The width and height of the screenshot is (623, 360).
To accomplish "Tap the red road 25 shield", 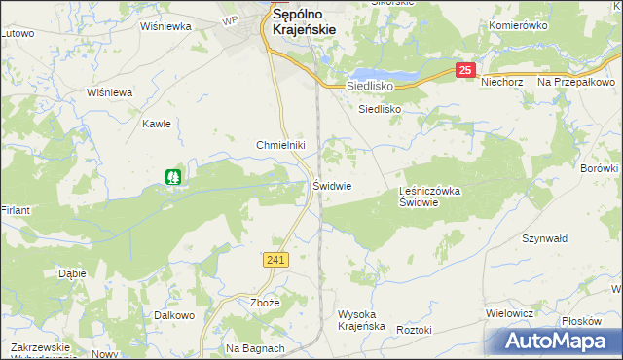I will click(x=466, y=70).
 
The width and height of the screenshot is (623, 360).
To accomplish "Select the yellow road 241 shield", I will click(x=275, y=259).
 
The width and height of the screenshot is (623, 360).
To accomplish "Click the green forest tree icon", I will click(x=173, y=177).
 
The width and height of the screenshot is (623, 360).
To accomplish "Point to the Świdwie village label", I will click(x=332, y=185).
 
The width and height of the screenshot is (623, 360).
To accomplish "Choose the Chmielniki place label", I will click(x=281, y=145).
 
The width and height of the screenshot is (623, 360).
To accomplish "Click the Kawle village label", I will click(x=157, y=124).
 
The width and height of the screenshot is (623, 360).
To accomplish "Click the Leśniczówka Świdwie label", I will click(x=430, y=198).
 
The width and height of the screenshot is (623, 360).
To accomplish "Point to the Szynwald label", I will click(x=545, y=238).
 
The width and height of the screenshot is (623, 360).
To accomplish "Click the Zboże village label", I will click(x=265, y=303).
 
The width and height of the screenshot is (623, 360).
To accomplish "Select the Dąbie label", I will click(x=72, y=273).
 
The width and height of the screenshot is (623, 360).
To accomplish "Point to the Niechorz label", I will click(x=503, y=82).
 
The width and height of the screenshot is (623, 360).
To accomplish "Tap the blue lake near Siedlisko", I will click(x=384, y=76).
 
